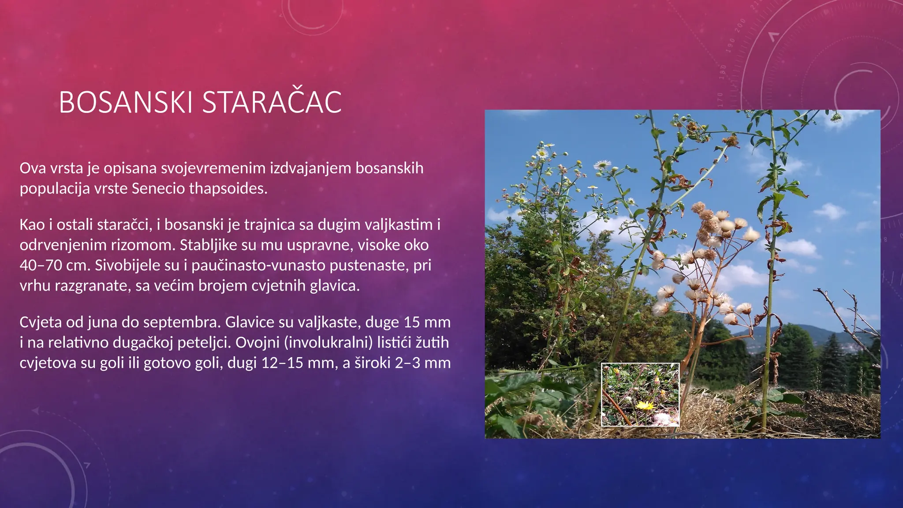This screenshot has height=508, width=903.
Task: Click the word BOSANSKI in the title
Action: [126, 102]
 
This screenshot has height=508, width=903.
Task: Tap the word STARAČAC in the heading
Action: [272, 102]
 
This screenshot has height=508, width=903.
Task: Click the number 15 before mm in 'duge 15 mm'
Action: [411, 322]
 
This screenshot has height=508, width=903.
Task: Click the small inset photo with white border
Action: [640, 394]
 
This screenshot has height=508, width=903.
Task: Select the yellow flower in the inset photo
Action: [644, 405]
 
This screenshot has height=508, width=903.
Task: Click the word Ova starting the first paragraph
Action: [33, 168]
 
